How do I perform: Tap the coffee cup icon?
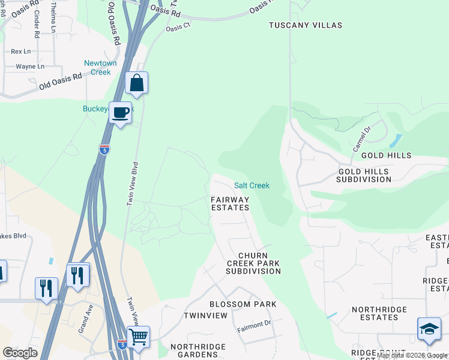tap(120, 113)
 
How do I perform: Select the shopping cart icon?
tap(138, 337)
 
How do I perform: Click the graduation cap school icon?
tap(429, 329)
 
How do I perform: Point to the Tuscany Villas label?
tap(305, 25)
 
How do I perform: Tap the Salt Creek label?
tap(252, 185)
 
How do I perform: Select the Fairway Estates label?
tap(230, 203)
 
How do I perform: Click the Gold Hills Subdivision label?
tap(363, 175)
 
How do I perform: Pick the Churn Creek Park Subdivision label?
tap(253, 263)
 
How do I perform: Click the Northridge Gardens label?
tap(198, 351)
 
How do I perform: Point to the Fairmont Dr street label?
tap(254, 325)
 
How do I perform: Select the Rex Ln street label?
tap(20, 52)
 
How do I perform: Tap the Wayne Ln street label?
tap(30, 67)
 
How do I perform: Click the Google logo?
tap(20, 353)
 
